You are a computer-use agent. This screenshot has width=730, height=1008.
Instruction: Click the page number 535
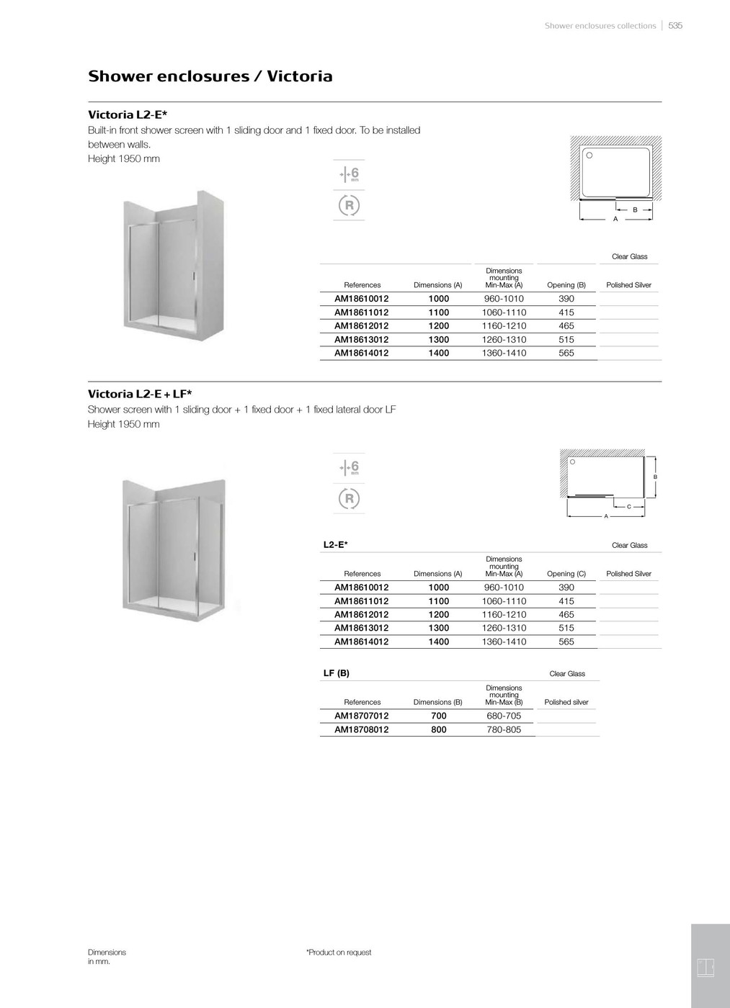click(x=675, y=25)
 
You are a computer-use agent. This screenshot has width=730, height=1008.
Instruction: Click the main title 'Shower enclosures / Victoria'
click(x=210, y=76)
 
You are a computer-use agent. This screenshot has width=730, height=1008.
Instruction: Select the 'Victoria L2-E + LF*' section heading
click(x=140, y=394)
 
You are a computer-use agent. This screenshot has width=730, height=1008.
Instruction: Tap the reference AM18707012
click(x=361, y=716)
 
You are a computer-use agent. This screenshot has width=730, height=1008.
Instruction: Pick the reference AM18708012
click(x=361, y=729)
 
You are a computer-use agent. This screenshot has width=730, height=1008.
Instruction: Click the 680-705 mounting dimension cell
click(x=504, y=716)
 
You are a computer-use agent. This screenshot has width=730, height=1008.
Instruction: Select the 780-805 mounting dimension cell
click(x=504, y=729)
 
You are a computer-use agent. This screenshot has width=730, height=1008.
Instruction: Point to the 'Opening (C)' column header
click(x=566, y=574)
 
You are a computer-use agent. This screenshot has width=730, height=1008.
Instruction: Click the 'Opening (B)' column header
click(x=566, y=285)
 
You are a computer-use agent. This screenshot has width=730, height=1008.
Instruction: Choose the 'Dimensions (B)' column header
click(x=437, y=702)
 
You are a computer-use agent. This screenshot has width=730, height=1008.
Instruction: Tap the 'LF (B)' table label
click(x=337, y=673)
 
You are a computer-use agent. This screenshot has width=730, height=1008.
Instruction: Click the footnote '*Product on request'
click(x=339, y=952)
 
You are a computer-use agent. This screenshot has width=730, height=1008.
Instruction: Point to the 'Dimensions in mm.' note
click(x=107, y=956)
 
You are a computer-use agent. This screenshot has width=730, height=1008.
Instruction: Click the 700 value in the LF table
click(x=438, y=716)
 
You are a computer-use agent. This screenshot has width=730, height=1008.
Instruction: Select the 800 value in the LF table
click(x=438, y=729)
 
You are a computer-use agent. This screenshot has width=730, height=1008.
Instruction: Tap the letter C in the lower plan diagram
click(x=628, y=507)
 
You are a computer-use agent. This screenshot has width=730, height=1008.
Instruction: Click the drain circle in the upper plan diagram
click(x=589, y=155)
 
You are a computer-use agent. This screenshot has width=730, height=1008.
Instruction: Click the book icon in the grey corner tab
click(x=705, y=968)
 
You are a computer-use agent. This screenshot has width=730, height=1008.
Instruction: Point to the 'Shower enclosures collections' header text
click(x=600, y=25)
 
